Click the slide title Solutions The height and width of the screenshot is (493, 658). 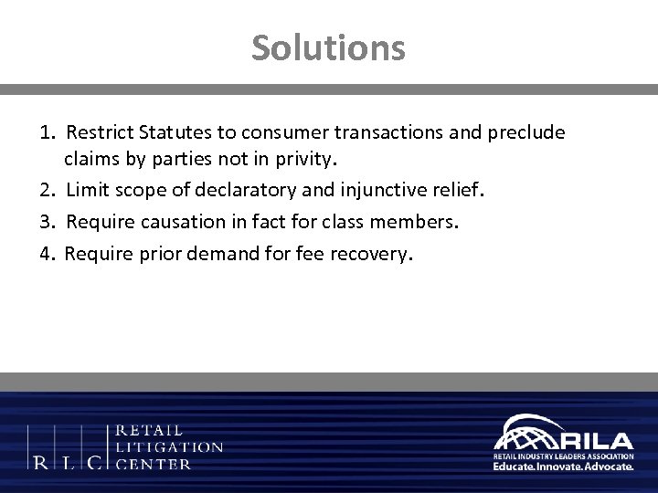click(329, 47)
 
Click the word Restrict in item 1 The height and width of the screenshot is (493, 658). click(101, 133)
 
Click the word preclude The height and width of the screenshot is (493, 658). click(528, 133)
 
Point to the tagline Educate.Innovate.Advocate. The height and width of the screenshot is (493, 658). click(563, 466)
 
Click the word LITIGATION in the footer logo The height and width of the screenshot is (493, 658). click(170, 446)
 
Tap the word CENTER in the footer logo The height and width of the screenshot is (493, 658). click(154, 463)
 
